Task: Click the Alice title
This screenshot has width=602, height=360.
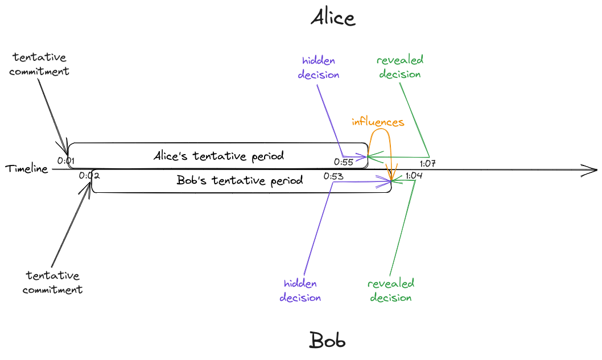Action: (x=333, y=18)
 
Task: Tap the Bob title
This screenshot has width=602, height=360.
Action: (x=327, y=341)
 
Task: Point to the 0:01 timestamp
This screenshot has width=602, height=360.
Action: (x=66, y=161)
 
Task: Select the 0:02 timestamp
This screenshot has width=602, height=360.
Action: (x=89, y=175)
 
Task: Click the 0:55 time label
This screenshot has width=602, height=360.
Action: (x=344, y=162)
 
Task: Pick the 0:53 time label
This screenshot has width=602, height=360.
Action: (x=333, y=176)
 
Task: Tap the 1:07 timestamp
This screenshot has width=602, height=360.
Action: (x=427, y=164)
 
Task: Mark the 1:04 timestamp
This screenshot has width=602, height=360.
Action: (x=414, y=175)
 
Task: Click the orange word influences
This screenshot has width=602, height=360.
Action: (x=378, y=122)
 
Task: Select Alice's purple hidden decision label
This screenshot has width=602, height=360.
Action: (x=319, y=68)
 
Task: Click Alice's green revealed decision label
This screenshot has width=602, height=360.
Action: (x=400, y=67)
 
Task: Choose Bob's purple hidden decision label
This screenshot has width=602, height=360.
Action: (x=300, y=291)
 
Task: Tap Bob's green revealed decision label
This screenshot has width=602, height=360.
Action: (x=391, y=291)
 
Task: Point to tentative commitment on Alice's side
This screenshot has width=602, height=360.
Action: (x=39, y=64)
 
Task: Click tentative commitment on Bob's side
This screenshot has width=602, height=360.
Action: (x=53, y=283)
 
